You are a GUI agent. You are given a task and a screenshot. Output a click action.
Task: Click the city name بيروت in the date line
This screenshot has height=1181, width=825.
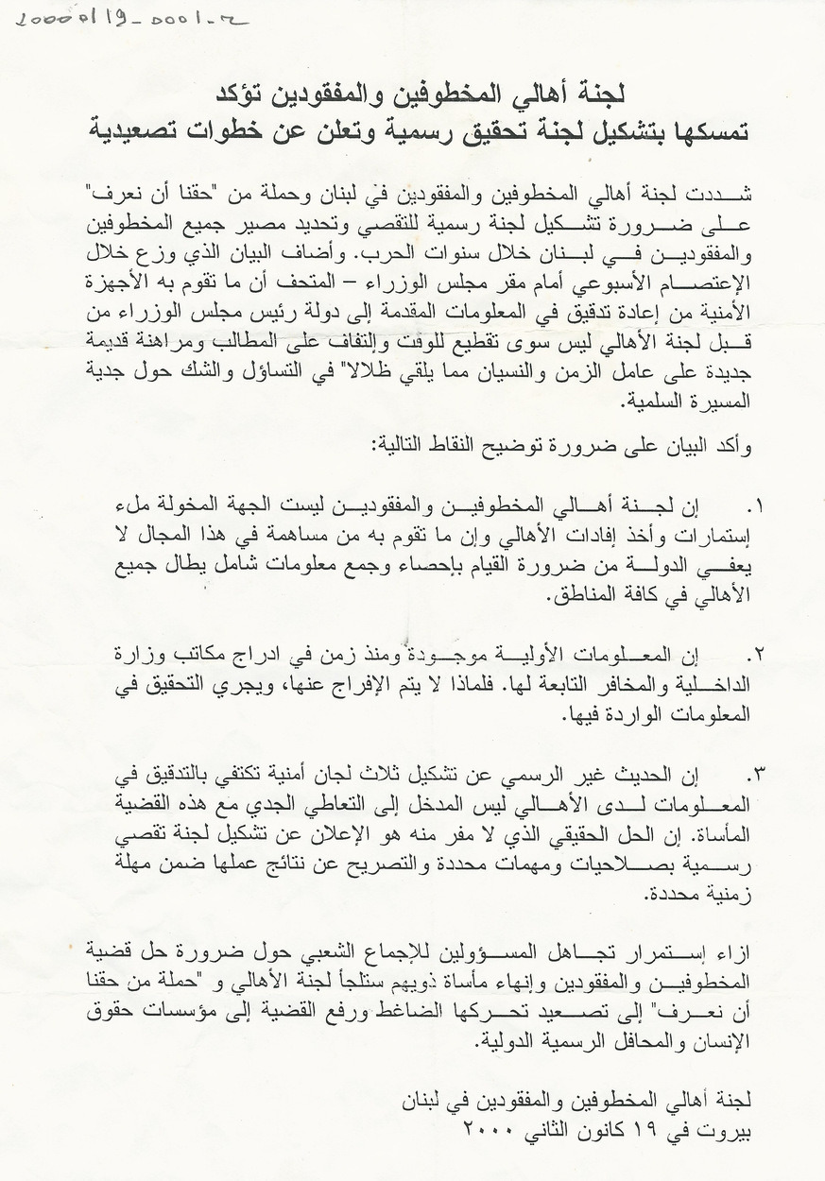click(x=729, y=1128)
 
